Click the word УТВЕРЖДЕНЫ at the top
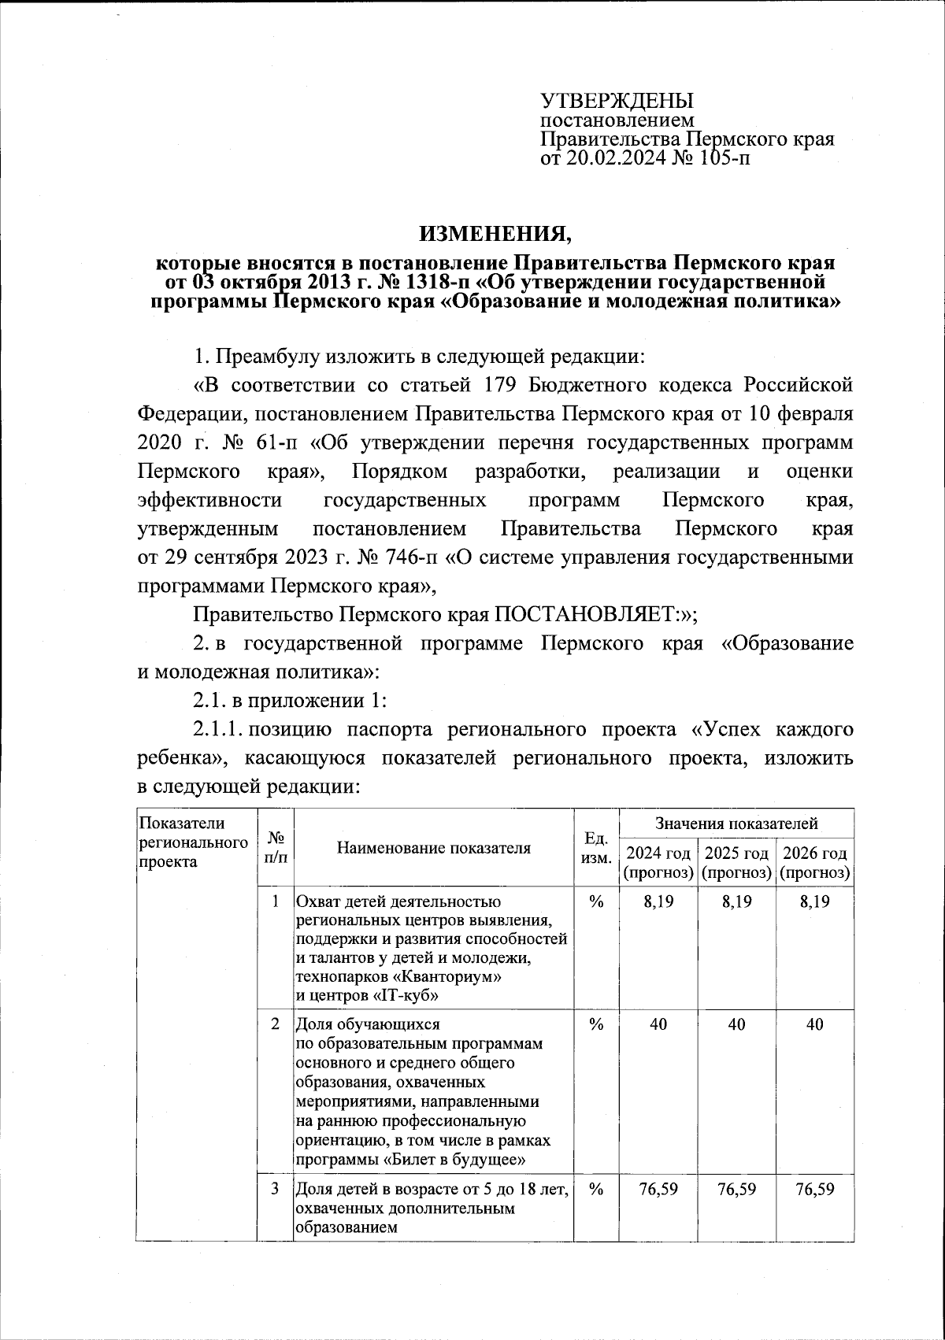coord(616,102)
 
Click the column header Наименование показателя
coord(434,848)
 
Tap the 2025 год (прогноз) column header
coord(737,863)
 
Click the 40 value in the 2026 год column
coord(815,1024)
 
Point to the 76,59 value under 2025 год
coord(737,1189)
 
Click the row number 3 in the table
coord(276,1189)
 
